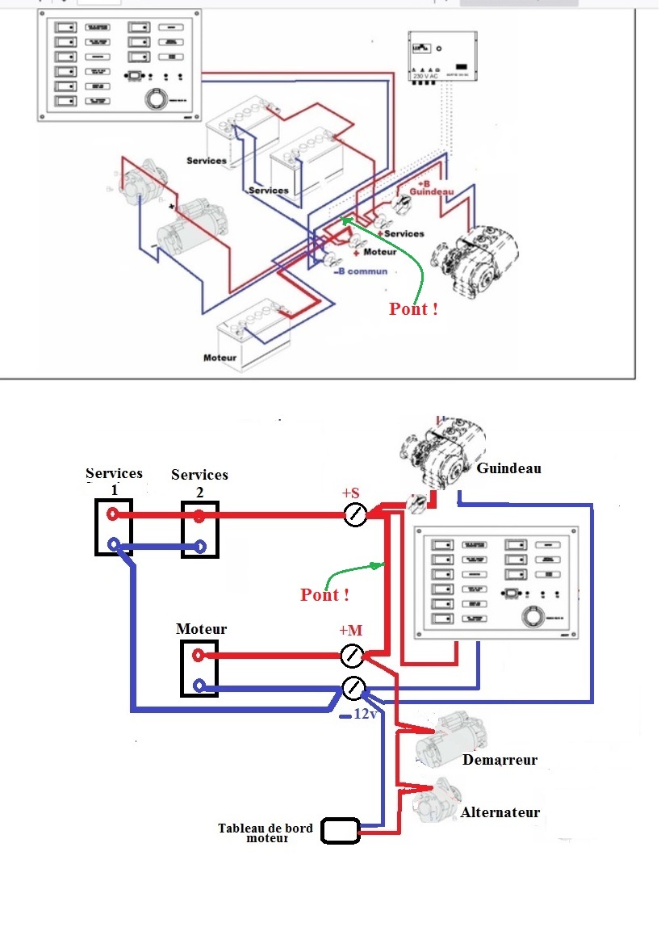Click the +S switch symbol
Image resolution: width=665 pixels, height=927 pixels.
click(x=355, y=515)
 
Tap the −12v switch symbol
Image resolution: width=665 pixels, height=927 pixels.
click(x=353, y=689)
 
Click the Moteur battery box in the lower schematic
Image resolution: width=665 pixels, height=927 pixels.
click(x=197, y=669)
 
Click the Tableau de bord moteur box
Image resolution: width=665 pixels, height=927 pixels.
click(x=340, y=830)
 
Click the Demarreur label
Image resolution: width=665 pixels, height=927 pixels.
click(x=500, y=760)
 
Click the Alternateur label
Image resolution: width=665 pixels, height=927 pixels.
click(x=500, y=812)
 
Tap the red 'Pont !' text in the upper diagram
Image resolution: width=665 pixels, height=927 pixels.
click(x=413, y=308)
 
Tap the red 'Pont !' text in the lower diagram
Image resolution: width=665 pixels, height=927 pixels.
click(x=324, y=595)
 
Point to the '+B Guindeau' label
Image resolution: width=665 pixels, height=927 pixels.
click(x=432, y=187)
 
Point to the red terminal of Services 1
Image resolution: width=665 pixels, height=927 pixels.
click(x=114, y=514)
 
